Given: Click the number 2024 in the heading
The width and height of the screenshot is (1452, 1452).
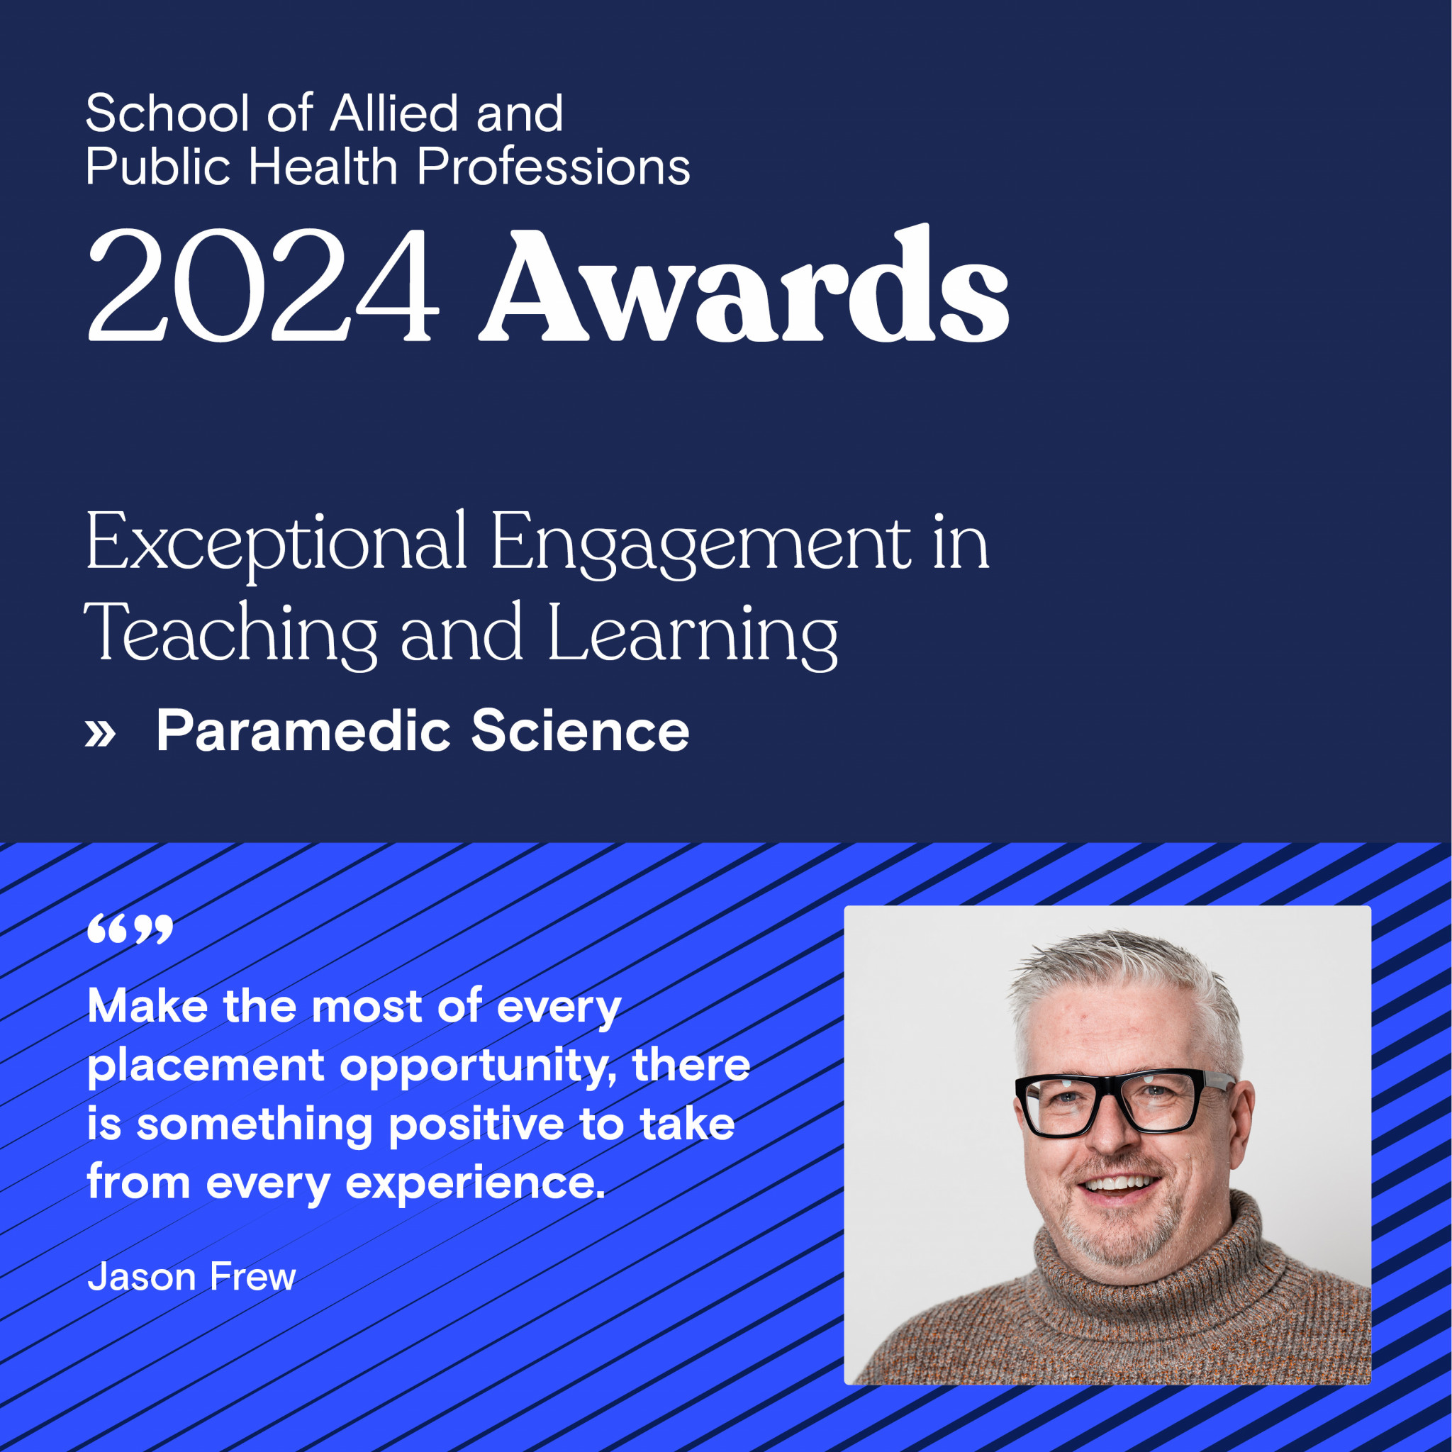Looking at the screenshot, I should tap(263, 286).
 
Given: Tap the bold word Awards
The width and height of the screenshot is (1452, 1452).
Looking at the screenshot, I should tap(744, 286).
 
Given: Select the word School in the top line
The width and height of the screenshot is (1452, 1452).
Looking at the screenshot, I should tap(167, 114).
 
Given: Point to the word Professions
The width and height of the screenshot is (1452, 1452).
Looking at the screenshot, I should tap(554, 167).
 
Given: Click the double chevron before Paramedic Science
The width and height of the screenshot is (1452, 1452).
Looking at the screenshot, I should tap(100, 734).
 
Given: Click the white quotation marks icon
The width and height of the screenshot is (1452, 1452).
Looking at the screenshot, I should tap(130, 929).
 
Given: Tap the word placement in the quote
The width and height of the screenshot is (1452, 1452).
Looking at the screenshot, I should tap(206, 1066).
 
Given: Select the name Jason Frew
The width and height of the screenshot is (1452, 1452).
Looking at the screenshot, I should tap(191, 1277).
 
